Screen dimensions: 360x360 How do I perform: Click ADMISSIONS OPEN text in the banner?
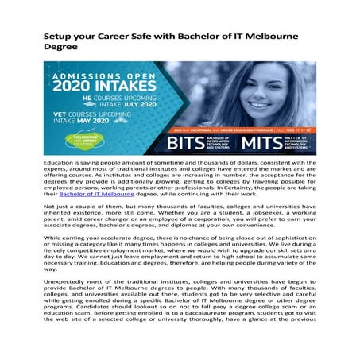click(x=103, y=73)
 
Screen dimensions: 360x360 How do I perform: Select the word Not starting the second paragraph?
click(x=49, y=205)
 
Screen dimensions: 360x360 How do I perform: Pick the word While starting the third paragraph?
click(x=53, y=238)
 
